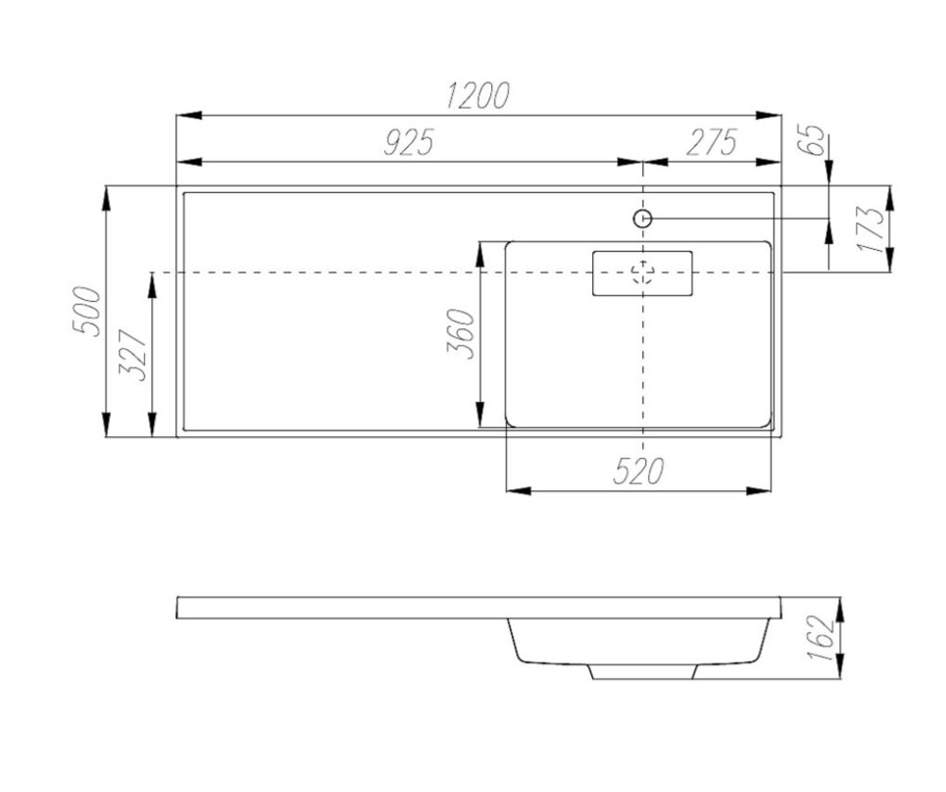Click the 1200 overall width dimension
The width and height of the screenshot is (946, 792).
(478, 96)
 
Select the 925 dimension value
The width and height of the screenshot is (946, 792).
(409, 143)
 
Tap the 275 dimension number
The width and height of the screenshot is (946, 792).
(712, 143)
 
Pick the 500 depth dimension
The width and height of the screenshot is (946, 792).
(86, 311)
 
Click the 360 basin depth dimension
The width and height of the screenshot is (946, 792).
(461, 334)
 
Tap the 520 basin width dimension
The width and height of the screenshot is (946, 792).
(639, 471)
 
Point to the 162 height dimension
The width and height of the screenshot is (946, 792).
(822, 638)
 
